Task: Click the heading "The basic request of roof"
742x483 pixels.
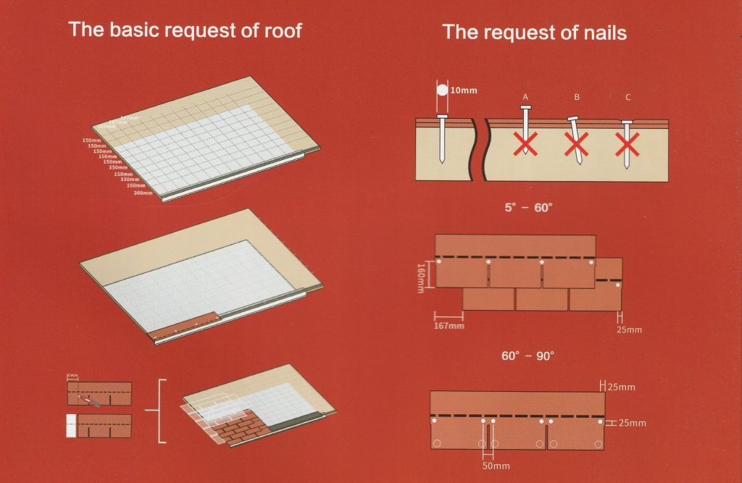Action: pyautogui.click(x=185, y=30)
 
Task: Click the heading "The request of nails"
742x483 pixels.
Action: pyautogui.click(x=535, y=32)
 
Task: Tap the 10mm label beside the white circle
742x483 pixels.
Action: pyautogui.click(x=464, y=91)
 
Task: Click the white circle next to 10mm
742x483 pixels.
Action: pyautogui.click(x=441, y=91)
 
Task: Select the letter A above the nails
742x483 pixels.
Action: pyautogui.click(x=525, y=96)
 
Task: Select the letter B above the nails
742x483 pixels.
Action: pyautogui.click(x=576, y=96)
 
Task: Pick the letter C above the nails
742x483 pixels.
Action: pyautogui.click(x=628, y=96)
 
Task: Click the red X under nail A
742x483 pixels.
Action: pyautogui.click(x=525, y=145)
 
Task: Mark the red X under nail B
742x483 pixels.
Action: pyautogui.click(x=577, y=146)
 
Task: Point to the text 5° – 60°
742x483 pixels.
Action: pyautogui.click(x=528, y=207)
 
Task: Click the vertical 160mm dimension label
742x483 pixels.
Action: pyautogui.click(x=421, y=274)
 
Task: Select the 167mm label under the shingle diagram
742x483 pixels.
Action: pyautogui.click(x=449, y=326)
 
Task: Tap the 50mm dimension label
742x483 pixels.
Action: pyautogui.click(x=496, y=466)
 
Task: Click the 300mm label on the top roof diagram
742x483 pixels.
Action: pyautogui.click(x=143, y=193)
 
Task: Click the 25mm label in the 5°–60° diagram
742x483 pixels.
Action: pyautogui.click(x=628, y=330)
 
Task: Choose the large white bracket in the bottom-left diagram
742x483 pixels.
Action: pyautogui.click(x=162, y=411)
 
